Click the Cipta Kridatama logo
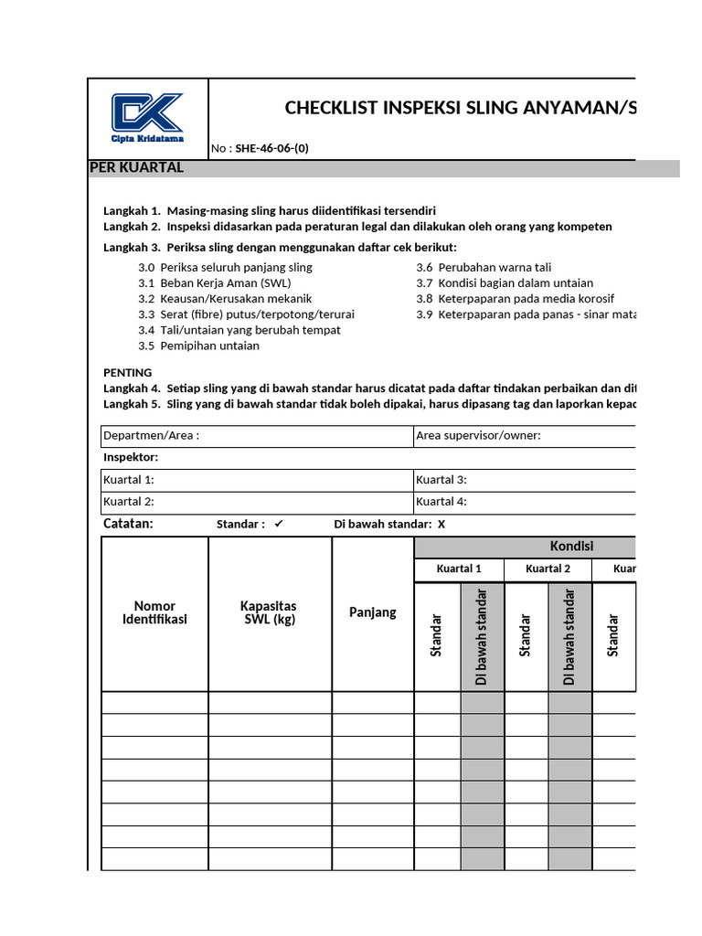[148, 117]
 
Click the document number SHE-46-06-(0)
[271, 149]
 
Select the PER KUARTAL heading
[136, 168]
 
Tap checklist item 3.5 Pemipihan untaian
[198, 346]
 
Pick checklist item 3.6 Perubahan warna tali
[484, 268]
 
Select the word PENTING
[128, 373]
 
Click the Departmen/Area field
[257, 436]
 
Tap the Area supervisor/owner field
[525, 436]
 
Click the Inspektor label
[131, 457]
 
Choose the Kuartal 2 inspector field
[257, 502]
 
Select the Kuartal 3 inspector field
[525, 480]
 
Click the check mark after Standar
[280, 524]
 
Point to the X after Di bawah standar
[441, 525]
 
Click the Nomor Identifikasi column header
[154, 612]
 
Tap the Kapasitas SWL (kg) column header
[269, 612]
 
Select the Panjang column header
[373, 612]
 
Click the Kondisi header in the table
[571, 547]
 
